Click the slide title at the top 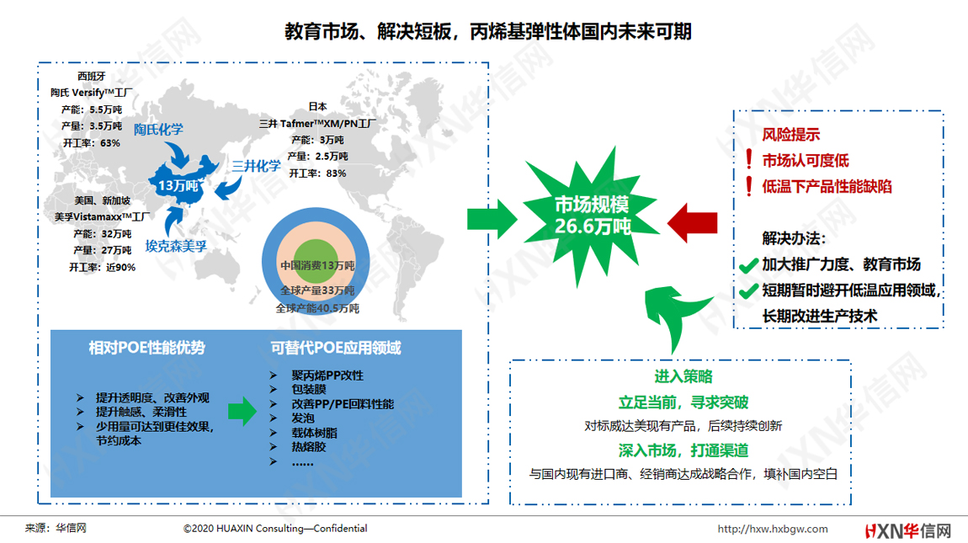[x=487, y=31]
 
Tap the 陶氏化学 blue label [x=158, y=129]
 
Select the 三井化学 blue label [x=256, y=166]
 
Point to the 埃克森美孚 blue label [x=176, y=246]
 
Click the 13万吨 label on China [x=178, y=185]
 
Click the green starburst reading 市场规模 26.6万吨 [x=592, y=216]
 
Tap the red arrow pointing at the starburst [x=692, y=223]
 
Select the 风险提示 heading [x=791, y=134]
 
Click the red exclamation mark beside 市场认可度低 [x=749, y=159]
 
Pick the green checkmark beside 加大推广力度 [x=749, y=265]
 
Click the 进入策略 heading [x=683, y=376]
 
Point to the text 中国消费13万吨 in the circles [x=317, y=266]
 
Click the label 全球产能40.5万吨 [x=317, y=308]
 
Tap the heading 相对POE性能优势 [x=147, y=348]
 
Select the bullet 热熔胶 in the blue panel [x=309, y=447]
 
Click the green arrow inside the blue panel [x=242, y=411]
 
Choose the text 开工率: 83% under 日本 [x=318, y=173]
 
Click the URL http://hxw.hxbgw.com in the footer [x=773, y=529]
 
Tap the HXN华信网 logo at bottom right [x=908, y=530]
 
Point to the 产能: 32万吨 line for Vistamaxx [x=103, y=234]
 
